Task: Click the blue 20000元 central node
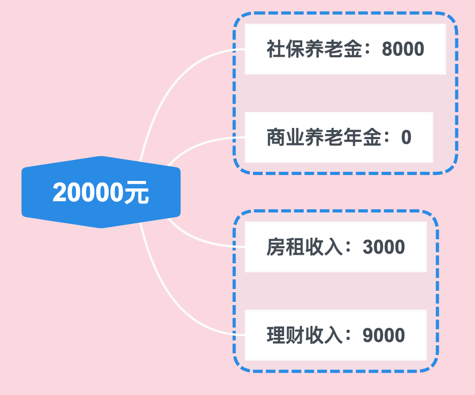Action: coord(101,192)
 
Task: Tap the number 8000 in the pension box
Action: coord(403,49)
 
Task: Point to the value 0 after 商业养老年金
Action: coord(406,138)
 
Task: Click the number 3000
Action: coord(384,247)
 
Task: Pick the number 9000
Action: coord(384,336)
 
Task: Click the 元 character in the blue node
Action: coord(137,193)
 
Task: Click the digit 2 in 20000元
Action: coord(59,193)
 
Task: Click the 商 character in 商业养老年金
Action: coord(275,138)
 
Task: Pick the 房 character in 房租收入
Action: coord(275,247)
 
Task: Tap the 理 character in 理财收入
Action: coord(275,336)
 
